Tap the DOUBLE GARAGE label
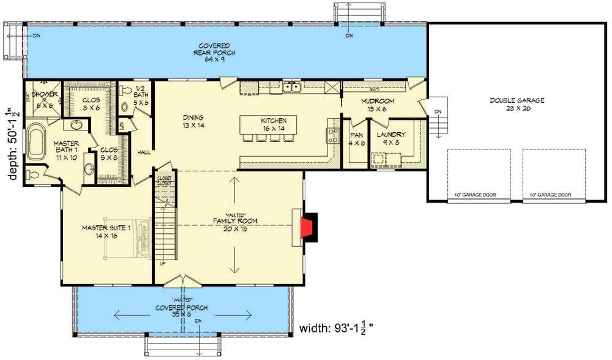click(517, 105)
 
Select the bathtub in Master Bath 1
click(36, 142)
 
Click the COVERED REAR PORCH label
click(214, 50)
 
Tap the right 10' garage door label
click(550, 195)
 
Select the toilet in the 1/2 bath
click(127, 91)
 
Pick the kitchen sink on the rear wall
click(291, 87)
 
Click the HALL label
click(144, 152)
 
